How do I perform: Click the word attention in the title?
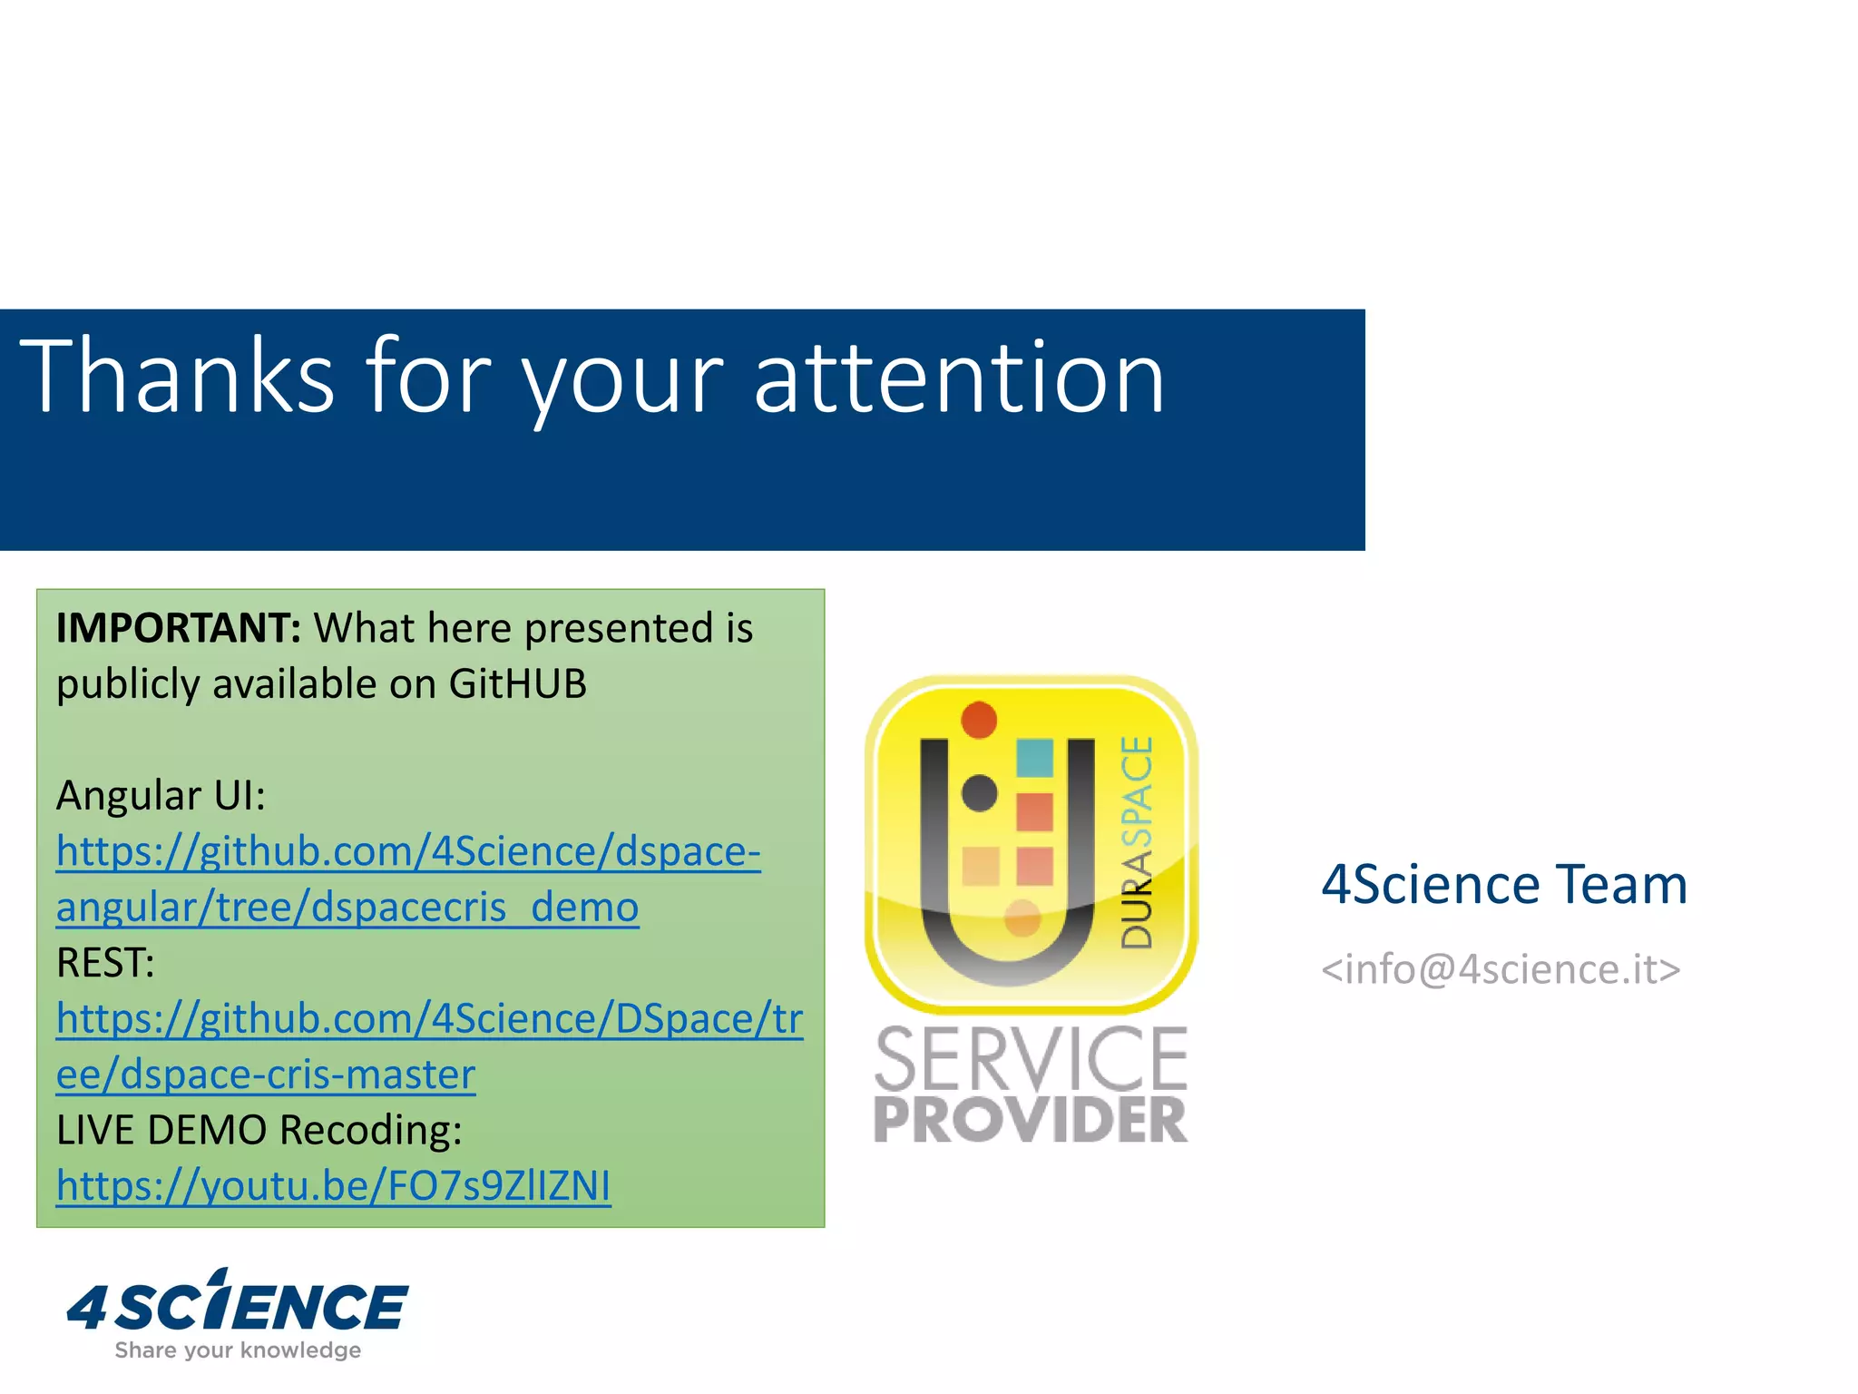tap(959, 377)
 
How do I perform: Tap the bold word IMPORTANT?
tap(178, 628)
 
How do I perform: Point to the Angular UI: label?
tap(161, 796)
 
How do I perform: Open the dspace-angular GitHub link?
tap(407, 879)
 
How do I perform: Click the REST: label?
tap(105, 963)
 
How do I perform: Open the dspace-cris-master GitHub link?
tap(428, 1045)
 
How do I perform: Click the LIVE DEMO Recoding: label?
tap(259, 1130)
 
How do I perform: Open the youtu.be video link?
tap(333, 1186)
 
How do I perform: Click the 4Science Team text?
tap(1503, 885)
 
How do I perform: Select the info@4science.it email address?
tap(1501, 969)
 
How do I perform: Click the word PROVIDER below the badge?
tap(1030, 1120)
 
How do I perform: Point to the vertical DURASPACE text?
tap(1136, 842)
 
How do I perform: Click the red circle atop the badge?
tap(979, 720)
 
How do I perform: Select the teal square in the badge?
tap(1034, 757)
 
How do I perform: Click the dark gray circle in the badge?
tap(979, 793)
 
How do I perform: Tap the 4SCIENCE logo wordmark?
tap(238, 1304)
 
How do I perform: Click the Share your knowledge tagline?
tap(238, 1350)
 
